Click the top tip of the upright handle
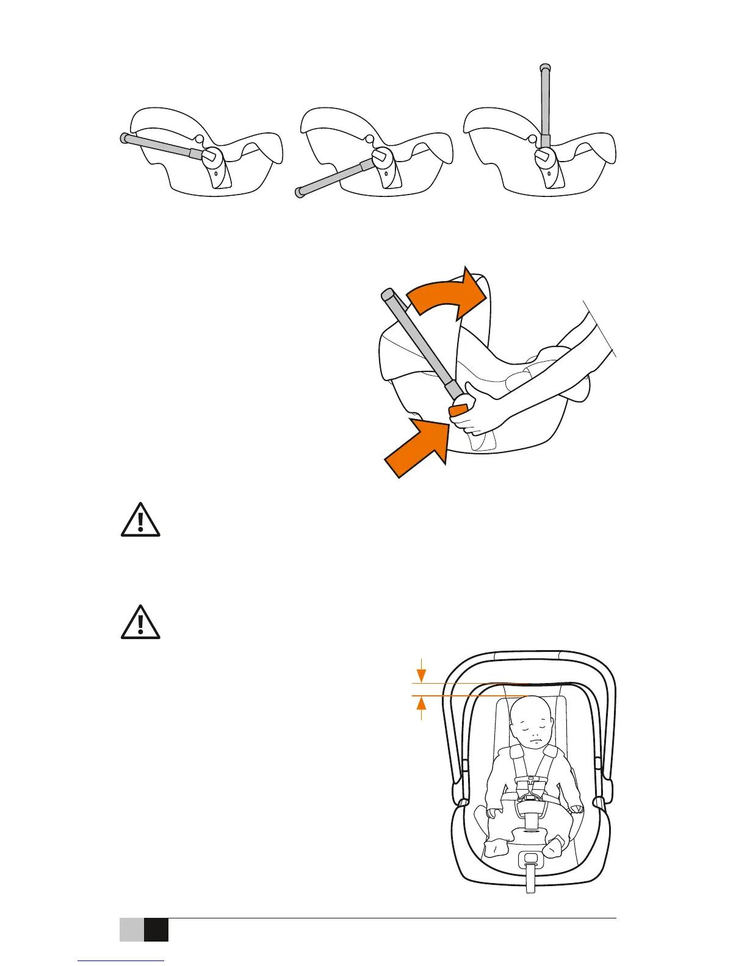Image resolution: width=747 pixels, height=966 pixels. tap(546, 68)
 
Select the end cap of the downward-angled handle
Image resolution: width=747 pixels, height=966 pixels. tap(299, 193)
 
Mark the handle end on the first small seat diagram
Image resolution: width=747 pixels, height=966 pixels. tap(124, 138)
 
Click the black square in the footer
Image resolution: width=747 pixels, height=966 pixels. tap(156, 929)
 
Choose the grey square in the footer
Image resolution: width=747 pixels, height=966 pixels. tap(131, 929)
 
